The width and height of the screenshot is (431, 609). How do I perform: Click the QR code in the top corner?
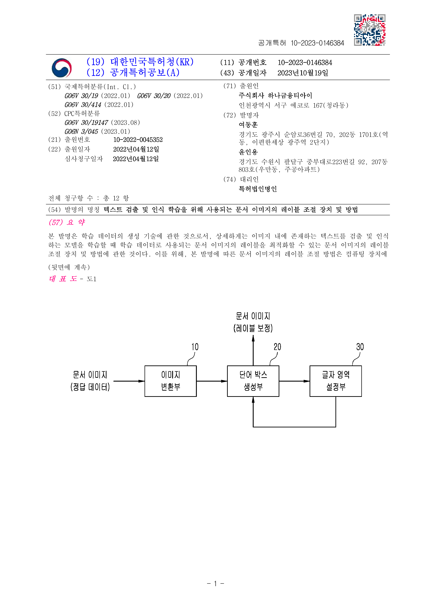[x=370, y=30]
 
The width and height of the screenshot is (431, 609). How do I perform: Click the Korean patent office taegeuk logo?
[x=61, y=68]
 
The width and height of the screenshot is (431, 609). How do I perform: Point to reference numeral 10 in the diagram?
[x=195, y=347]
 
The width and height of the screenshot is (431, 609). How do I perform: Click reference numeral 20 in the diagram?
[x=277, y=347]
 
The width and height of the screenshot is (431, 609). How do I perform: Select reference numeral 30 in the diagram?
[x=360, y=347]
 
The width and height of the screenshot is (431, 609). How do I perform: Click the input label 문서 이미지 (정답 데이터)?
[x=90, y=381]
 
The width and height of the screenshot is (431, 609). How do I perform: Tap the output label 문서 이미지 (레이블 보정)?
[x=253, y=322]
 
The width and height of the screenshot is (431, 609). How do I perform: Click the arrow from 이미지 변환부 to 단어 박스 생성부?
[x=212, y=381]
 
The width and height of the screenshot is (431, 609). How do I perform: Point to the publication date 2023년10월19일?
[x=303, y=73]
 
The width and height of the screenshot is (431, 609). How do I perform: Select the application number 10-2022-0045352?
[x=138, y=140]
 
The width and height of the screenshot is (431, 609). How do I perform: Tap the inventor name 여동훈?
[x=248, y=125]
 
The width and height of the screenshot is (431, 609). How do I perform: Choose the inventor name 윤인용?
[x=248, y=152]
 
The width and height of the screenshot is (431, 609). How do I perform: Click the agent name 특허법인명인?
[x=258, y=189]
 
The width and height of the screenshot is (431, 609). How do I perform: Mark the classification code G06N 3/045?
[x=81, y=132]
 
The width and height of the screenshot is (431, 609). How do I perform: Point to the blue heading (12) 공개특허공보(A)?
[x=133, y=72]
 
